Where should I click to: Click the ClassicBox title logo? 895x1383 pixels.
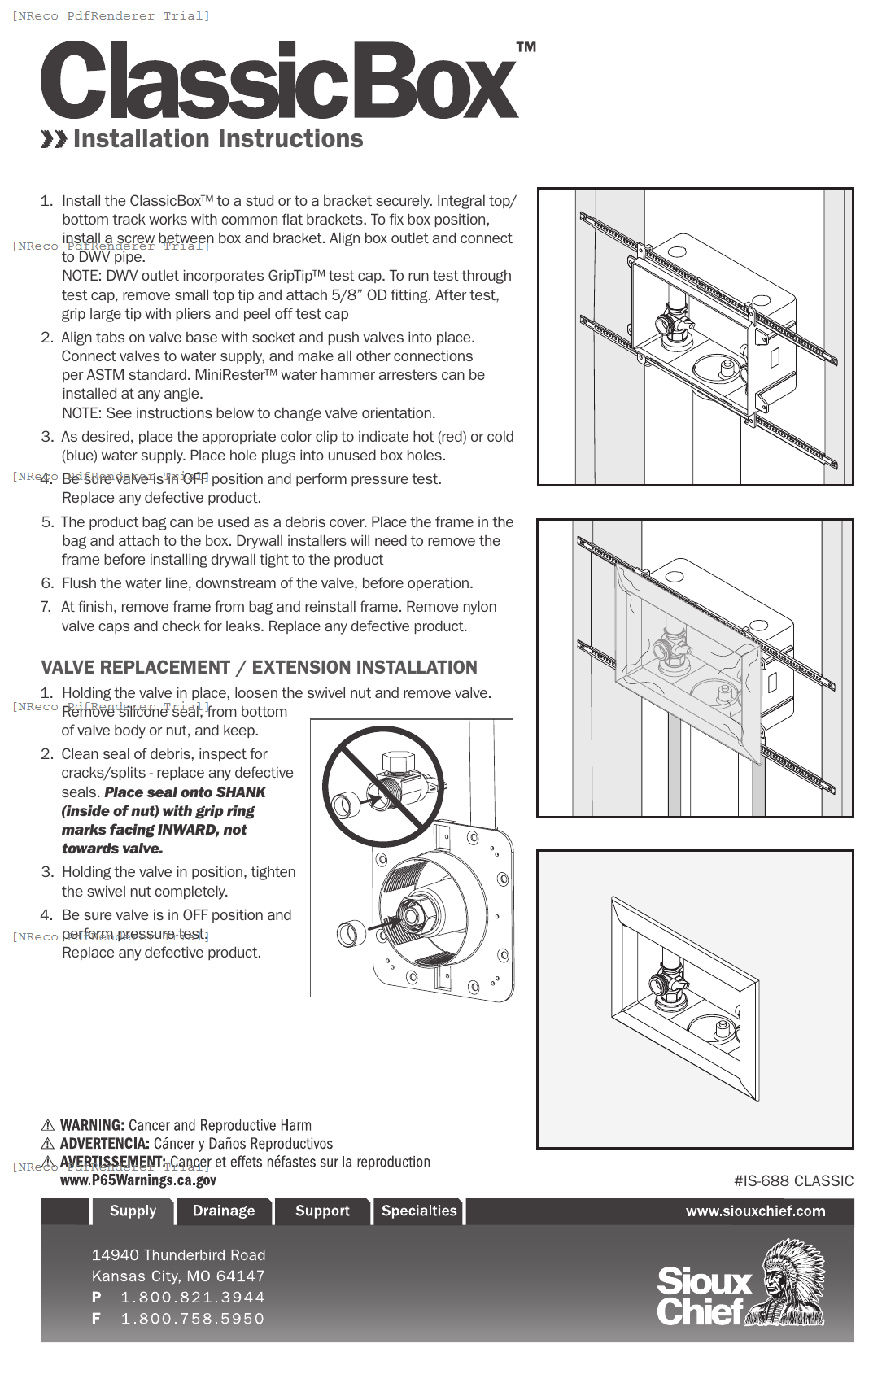click(x=279, y=81)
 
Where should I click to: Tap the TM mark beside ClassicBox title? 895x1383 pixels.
click(x=526, y=47)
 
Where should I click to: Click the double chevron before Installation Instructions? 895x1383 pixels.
click(x=54, y=140)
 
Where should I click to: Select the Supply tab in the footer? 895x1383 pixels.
click(x=133, y=1211)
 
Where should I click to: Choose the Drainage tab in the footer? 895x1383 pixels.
click(x=224, y=1211)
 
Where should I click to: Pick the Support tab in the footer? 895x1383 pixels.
click(x=322, y=1211)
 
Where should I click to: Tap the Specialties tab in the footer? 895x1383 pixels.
click(x=419, y=1211)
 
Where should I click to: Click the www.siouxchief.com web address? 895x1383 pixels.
click(x=755, y=1211)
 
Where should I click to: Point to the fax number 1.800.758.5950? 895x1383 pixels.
click(x=192, y=1318)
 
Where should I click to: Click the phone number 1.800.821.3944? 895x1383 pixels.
click(x=192, y=1297)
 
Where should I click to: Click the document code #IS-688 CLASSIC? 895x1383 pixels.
click(x=793, y=1180)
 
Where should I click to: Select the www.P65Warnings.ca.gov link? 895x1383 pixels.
click(x=138, y=1180)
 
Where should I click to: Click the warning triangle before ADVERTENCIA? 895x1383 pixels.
click(x=48, y=1144)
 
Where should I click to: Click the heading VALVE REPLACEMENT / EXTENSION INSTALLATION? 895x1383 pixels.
click(x=259, y=667)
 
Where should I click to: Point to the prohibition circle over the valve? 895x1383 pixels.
click(x=382, y=786)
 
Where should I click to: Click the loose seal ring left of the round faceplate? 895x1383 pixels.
click(x=350, y=932)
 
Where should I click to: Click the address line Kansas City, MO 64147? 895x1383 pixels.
click(x=178, y=1276)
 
